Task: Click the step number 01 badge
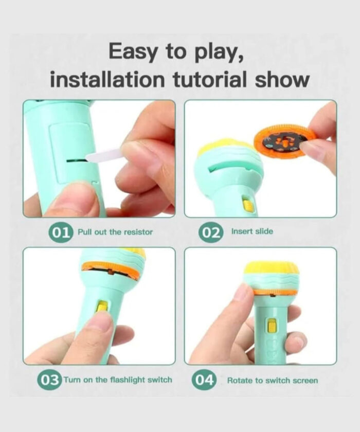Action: click(61, 233)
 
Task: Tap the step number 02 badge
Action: click(210, 232)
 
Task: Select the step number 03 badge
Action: click(49, 381)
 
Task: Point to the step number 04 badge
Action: click(204, 380)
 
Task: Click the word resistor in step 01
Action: click(138, 232)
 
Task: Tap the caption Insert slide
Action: click(252, 231)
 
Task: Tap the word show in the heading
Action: click(282, 80)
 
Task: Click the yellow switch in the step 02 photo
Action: click(247, 205)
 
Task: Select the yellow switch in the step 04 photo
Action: click(272, 326)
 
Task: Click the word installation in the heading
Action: click(107, 80)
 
